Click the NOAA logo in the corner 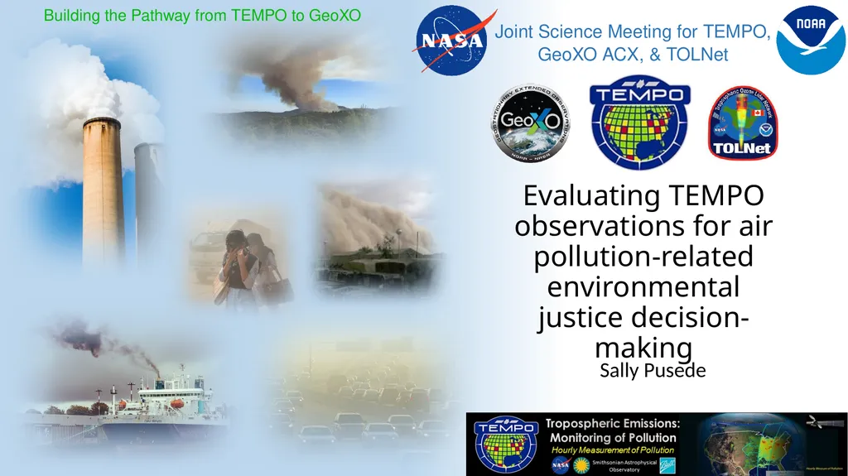(811, 39)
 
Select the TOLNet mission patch (742, 125)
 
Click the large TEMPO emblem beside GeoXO (638, 123)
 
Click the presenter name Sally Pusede (653, 370)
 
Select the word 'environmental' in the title (643, 287)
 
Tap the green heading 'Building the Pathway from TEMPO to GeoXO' (202, 15)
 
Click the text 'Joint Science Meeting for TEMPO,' (633, 32)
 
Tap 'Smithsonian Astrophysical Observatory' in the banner (624, 465)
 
